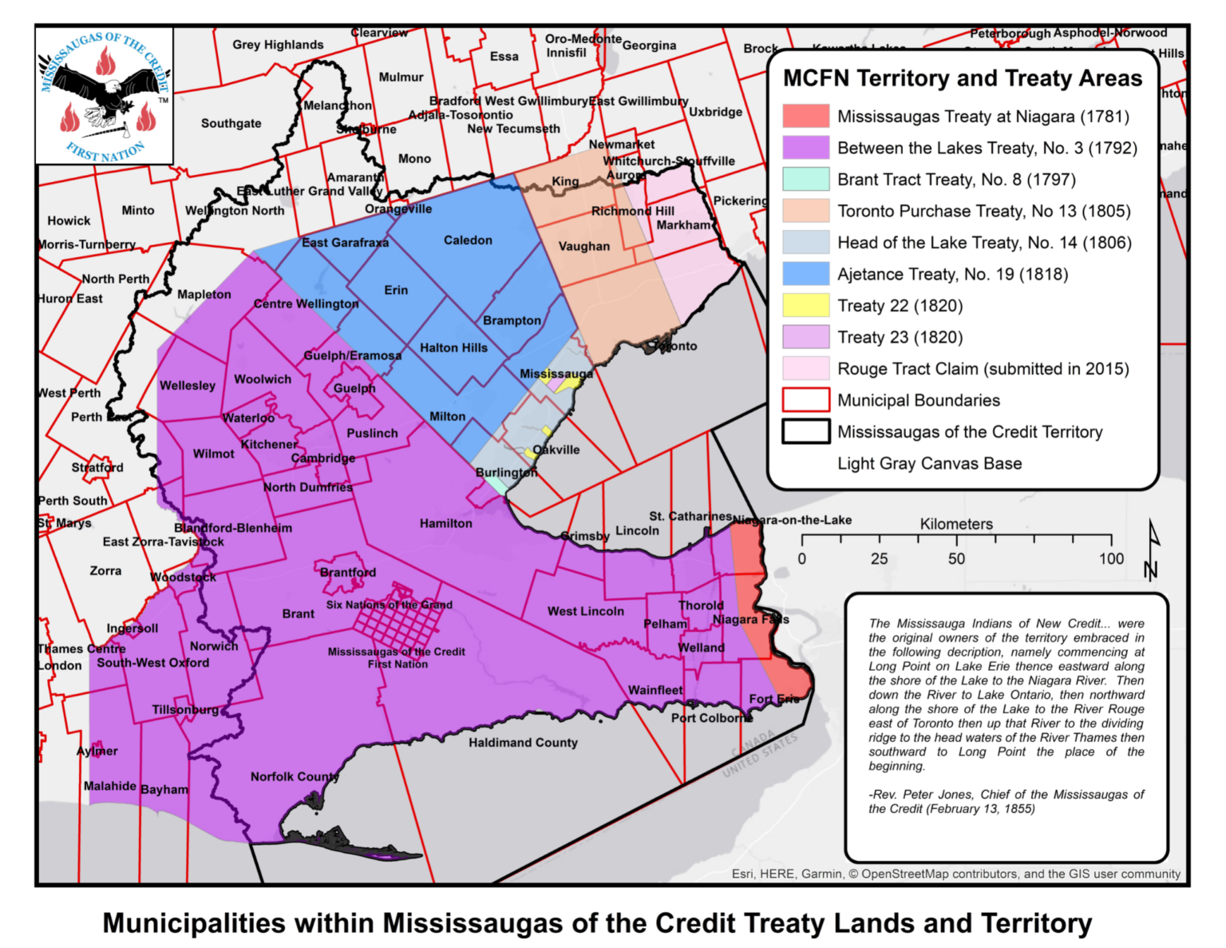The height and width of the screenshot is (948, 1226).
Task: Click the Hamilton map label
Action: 445,524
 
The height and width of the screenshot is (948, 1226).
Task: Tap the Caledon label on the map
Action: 468,240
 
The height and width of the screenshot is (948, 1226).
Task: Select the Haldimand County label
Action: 523,743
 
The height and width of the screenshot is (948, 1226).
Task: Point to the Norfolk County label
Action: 295,777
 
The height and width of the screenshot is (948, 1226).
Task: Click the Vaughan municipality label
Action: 583,247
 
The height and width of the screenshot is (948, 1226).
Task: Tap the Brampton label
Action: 512,321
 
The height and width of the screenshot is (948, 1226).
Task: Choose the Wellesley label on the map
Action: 188,386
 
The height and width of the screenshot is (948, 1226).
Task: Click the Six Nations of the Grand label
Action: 389,605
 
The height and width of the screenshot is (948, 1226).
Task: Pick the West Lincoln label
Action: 585,612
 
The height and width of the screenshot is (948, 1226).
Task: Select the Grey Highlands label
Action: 278,46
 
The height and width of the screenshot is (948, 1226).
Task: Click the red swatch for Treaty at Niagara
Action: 805,117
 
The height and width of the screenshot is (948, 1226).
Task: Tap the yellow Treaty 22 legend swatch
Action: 805,306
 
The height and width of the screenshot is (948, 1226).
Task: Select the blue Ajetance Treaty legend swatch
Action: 805,274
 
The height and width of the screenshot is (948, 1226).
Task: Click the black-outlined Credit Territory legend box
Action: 805,432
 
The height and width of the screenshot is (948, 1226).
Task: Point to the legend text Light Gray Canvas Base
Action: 929,464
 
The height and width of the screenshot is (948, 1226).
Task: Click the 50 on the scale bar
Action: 956,559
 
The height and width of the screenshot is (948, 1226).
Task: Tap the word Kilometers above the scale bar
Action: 956,525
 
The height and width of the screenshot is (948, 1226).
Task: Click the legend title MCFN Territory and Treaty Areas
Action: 962,78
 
